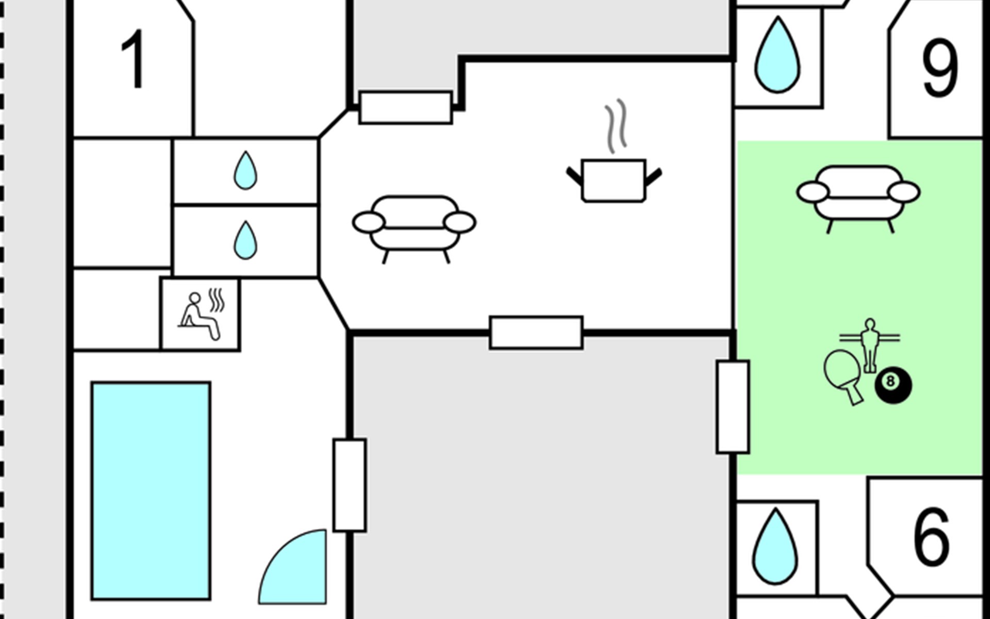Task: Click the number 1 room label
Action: coord(133,59)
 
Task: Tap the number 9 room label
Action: coord(940,68)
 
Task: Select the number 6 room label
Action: coord(932,536)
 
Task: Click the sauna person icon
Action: coord(201,316)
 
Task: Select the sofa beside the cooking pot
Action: coord(414,229)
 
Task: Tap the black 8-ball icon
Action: coord(893,385)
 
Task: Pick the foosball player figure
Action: coord(870,345)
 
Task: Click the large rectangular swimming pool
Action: coord(151,491)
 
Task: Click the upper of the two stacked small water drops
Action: coord(245,171)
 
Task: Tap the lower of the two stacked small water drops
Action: coord(245,241)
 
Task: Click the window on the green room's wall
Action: coord(733,407)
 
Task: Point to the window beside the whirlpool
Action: coord(350,485)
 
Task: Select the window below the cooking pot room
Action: coord(536,333)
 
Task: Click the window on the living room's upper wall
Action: coord(406,107)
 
